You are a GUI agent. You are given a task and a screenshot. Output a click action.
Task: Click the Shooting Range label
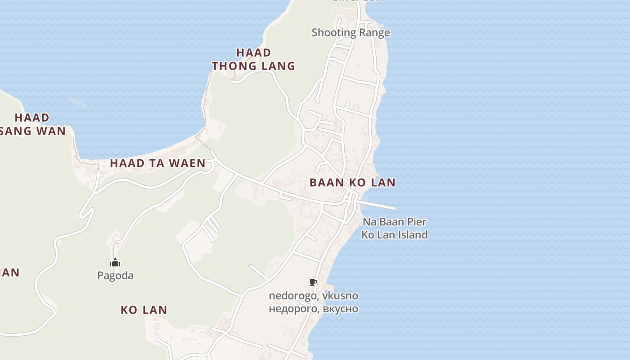351,32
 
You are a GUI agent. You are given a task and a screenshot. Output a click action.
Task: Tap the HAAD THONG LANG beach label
253,59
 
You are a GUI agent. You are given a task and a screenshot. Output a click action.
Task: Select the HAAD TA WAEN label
157,163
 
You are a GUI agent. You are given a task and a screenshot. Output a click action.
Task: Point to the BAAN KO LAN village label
352,182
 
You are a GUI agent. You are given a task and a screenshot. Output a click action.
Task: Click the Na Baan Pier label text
394,222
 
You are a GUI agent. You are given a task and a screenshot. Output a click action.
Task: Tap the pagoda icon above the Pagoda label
115,262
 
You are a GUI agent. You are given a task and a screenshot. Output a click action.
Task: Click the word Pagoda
115,275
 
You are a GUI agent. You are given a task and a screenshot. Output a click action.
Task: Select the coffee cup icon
313,283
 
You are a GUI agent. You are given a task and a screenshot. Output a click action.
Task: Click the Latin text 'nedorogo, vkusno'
313,296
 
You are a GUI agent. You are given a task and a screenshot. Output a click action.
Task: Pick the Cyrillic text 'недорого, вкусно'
313,309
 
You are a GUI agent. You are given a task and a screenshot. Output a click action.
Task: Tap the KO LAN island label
144,310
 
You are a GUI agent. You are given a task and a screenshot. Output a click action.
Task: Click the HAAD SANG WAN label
32,124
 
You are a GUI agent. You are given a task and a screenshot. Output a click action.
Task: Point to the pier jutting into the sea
378,205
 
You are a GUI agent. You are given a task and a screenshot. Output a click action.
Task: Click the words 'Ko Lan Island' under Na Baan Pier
394,234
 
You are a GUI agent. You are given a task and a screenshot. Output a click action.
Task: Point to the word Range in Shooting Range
374,32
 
